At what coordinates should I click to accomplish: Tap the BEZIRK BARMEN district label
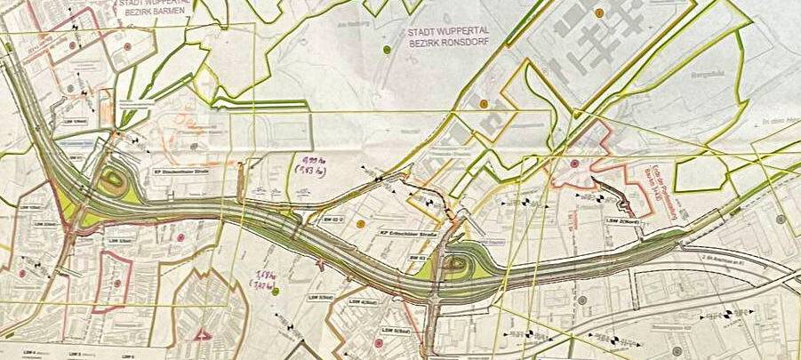tap(157, 13)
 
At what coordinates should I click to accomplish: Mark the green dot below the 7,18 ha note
tap(276, 292)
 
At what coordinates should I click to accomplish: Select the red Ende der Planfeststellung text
tap(650, 178)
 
